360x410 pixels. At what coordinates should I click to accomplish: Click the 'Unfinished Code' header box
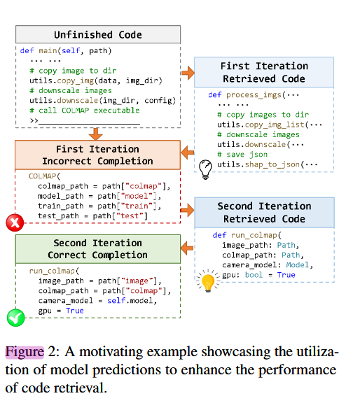pyautogui.click(x=97, y=35)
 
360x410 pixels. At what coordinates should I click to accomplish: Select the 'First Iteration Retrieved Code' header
pyautogui.click(x=264, y=72)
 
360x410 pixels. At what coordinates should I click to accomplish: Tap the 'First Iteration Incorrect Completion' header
pyautogui.click(x=97, y=155)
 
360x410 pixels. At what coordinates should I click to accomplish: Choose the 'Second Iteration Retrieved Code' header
pyautogui.click(x=264, y=212)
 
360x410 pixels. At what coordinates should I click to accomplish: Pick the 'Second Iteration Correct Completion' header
pyautogui.click(x=97, y=248)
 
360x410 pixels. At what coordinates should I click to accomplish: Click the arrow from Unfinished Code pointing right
pyautogui.click(x=187, y=73)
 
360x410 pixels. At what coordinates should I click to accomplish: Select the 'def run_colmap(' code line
pyautogui.click(x=246, y=235)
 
